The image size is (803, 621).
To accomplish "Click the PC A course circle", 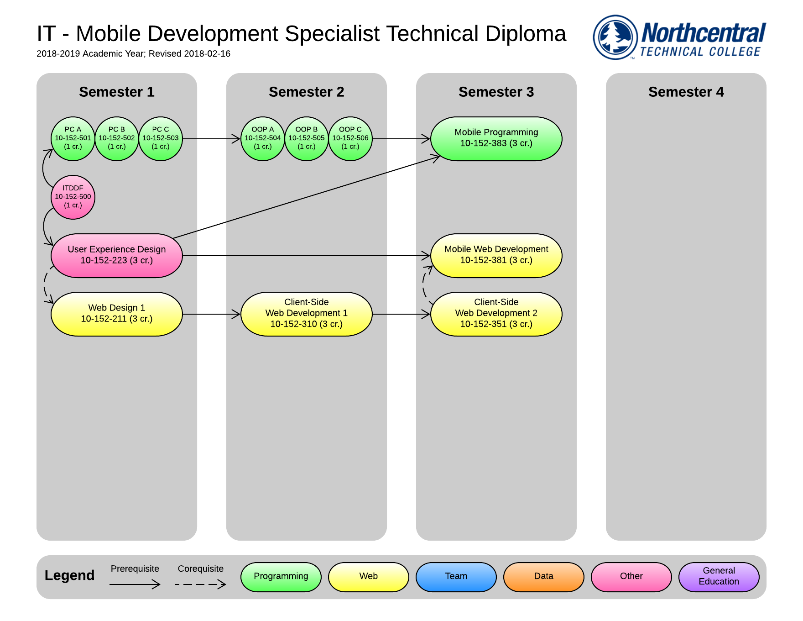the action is pos(73,139).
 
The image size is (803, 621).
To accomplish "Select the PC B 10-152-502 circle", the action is pos(117,139).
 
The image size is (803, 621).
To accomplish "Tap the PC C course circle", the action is pos(161,139).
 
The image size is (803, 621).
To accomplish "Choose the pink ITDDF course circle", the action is pos(73,197).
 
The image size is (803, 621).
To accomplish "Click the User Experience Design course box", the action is pos(117,256).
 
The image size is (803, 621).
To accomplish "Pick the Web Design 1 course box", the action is pos(117,314).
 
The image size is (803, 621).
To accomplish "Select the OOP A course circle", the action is pos(263,139).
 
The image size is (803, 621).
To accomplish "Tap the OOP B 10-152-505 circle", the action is pos(307,139).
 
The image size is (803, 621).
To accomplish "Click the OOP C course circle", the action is pos(350,139).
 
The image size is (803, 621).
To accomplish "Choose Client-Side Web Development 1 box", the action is pos(307,314).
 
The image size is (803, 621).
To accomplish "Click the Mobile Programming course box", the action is pos(496,139).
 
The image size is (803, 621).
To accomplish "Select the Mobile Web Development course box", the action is pos(496,256).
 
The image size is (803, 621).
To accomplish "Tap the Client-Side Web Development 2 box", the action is pos(496,314).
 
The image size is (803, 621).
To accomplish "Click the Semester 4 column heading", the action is pos(686,92).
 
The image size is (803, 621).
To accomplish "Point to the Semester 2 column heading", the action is pos(307,92).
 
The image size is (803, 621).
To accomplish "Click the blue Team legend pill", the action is pos(456,577).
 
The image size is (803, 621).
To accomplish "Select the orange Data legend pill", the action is pos(544,577).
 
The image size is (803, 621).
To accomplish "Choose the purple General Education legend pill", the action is pos(719,577).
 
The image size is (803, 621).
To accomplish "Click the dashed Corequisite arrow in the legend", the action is pos(201,584).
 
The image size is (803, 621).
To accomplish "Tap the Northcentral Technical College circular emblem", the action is pos(615,37).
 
